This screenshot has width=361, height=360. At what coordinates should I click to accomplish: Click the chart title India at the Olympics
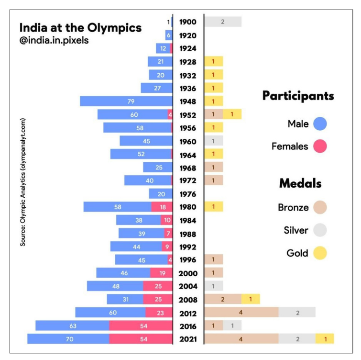coord(80,28)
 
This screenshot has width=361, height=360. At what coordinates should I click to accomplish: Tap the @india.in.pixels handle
coord(54,40)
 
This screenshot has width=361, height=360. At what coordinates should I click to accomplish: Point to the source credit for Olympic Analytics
coord(22,182)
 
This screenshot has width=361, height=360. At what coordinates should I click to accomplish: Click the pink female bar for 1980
coord(162,206)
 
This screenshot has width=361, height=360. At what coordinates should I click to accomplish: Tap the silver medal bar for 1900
coord(223,22)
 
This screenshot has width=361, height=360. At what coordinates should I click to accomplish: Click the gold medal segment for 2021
coord(325,338)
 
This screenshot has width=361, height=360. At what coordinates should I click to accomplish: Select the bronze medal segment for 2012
coord(241,312)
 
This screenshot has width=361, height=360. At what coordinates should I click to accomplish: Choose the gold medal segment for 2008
coord(251,299)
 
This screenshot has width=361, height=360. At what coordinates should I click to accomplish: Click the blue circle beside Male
coord(320,124)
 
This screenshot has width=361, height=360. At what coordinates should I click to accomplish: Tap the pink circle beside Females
coord(320,146)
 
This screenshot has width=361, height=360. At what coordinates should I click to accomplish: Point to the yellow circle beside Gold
coord(320,252)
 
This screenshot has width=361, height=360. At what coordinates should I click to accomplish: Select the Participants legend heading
coord(298,96)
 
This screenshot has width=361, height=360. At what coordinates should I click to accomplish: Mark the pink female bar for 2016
coord(141,326)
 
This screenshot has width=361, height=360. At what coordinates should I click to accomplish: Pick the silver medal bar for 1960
coord(214,141)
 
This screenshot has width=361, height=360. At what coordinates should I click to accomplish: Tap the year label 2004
coord(188,286)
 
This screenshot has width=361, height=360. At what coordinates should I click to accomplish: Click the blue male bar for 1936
coord(156,88)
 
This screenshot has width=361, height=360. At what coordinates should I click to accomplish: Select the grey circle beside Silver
coord(320,230)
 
